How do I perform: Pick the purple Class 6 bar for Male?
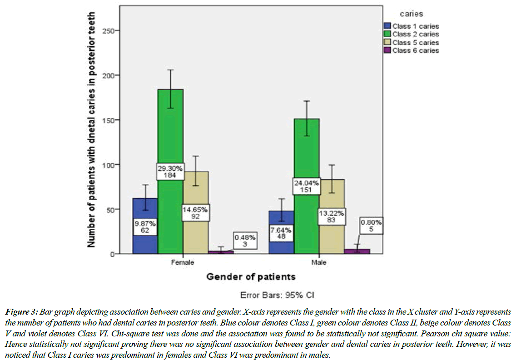pyautogui.click(x=357, y=251)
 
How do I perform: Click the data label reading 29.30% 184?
pyautogui.click(x=170, y=171)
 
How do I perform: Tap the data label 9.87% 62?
pyautogui.click(x=145, y=227)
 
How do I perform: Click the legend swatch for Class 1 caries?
pyautogui.click(x=387, y=26)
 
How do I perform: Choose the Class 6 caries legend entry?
pyautogui.click(x=416, y=50)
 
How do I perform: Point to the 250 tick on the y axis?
pyautogui.click(x=110, y=30)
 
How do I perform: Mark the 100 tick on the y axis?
pyautogui.click(x=110, y=164)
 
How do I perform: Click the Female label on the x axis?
pyautogui.click(x=183, y=262)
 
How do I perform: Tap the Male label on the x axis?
pyautogui.click(x=319, y=262)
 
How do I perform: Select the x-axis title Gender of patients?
pyautogui.click(x=251, y=276)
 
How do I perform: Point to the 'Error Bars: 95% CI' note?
pyautogui.click(x=277, y=296)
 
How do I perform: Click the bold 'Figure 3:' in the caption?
pyautogui.click(x=21, y=312)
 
